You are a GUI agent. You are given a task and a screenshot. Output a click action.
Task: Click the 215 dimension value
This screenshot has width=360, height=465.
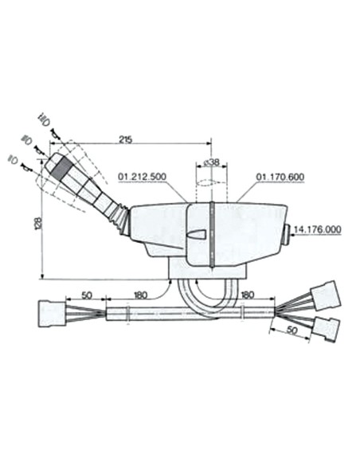click(x=124, y=140)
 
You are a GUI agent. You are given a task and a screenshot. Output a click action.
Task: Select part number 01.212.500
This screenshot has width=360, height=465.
click(x=143, y=176)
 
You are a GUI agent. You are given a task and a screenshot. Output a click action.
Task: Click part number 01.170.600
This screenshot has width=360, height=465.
click(x=278, y=176)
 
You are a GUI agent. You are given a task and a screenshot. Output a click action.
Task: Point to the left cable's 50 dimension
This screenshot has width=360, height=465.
click(x=85, y=295)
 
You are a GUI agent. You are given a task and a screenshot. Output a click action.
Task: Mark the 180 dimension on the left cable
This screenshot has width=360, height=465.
click(x=140, y=295)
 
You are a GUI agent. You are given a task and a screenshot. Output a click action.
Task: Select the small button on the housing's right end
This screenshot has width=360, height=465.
click(x=288, y=233)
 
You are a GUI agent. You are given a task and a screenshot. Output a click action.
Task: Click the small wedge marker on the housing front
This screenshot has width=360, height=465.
click(x=198, y=234)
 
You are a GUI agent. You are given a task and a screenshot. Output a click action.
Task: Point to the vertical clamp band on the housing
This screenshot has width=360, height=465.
click(x=213, y=236)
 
